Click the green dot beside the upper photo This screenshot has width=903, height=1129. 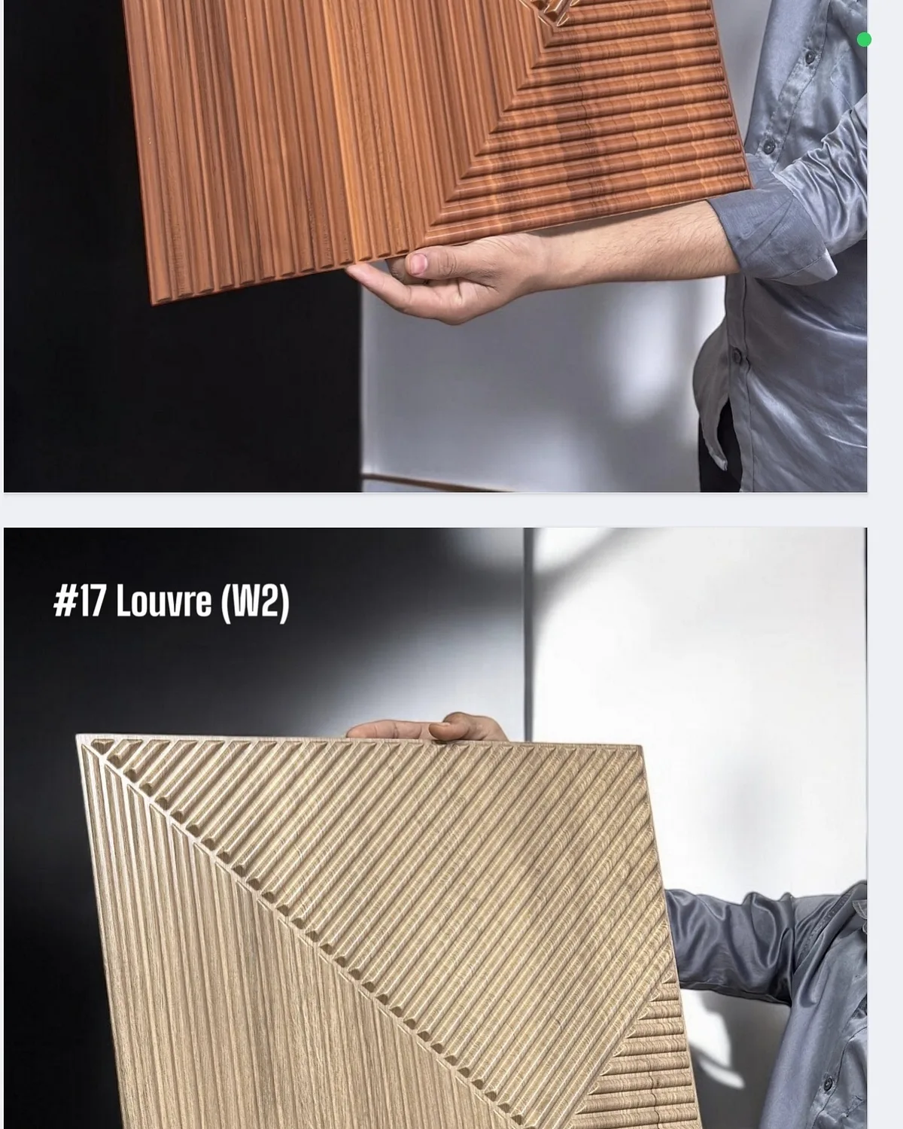(x=864, y=40)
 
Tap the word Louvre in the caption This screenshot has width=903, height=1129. (x=164, y=601)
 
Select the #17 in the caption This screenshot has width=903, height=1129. (x=80, y=601)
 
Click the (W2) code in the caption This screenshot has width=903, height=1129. (x=256, y=603)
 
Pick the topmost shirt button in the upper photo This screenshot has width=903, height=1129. (x=810, y=56)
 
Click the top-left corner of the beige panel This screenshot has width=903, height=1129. (x=77, y=735)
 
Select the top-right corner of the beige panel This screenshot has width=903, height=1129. (x=640, y=745)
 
